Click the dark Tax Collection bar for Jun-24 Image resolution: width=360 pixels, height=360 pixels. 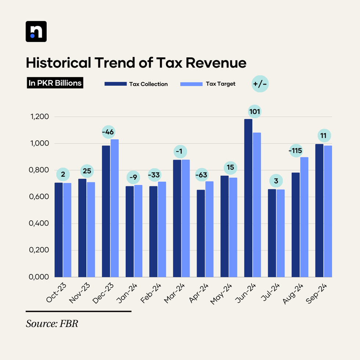(x=248, y=198)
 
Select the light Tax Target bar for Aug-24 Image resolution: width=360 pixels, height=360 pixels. (x=304, y=217)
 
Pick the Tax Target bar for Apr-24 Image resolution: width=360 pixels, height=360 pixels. (x=209, y=229)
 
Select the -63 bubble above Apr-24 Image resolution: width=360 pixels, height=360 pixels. (x=201, y=175)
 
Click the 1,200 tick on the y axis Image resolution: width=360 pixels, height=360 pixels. (x=39, y=117)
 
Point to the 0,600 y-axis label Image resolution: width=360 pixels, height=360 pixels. (x=39, y=197)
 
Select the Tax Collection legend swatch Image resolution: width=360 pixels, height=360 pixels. (x=115, y=84)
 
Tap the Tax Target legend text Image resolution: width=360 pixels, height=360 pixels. (x=220, y=84)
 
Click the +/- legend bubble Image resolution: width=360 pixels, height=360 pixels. (x=260, y=84)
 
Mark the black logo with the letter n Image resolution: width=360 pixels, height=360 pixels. (x=36, y=32)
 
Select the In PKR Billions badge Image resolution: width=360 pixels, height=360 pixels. (x=55, y=83)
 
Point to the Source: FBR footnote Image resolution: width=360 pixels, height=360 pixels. (x=52, y=324)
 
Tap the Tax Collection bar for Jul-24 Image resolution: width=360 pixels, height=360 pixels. (x=272, y=233)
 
